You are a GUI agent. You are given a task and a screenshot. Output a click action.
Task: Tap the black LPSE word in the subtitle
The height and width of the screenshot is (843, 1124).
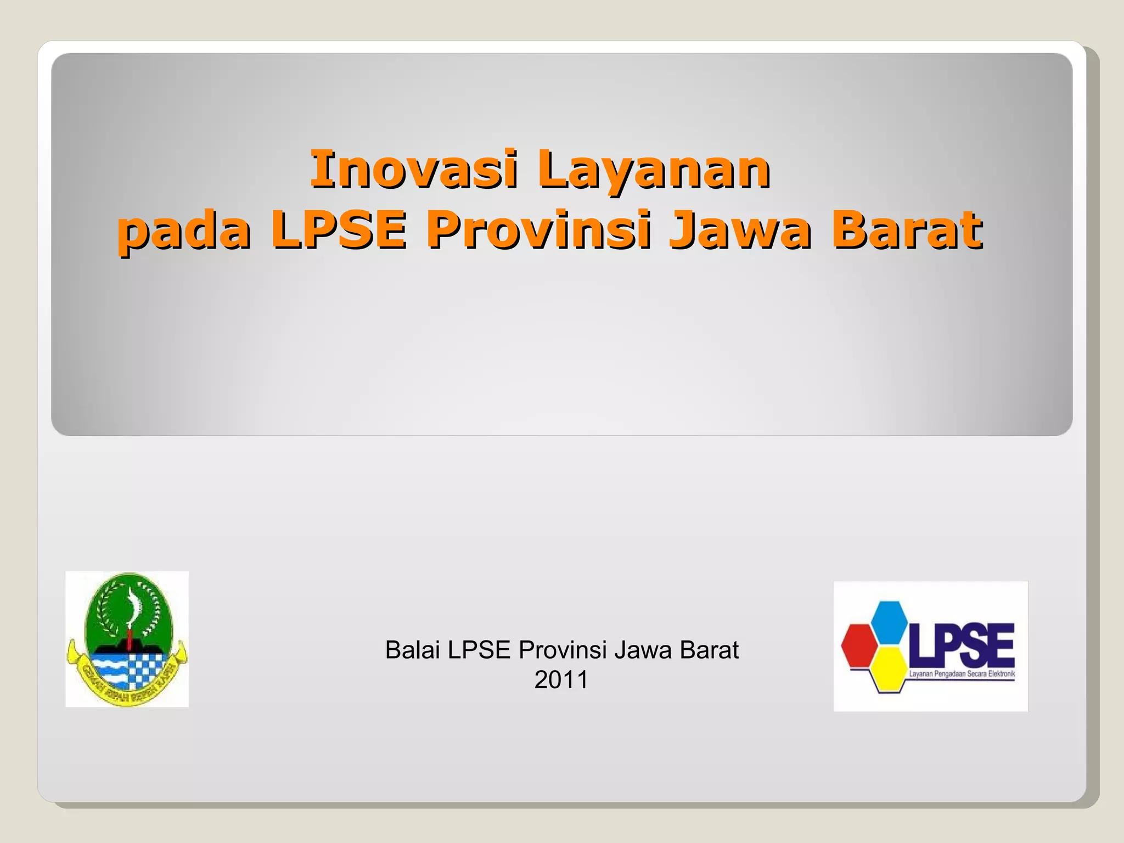click(x=479, y=650)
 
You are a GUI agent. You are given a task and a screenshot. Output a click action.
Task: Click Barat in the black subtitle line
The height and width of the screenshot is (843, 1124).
click(x=709, y=650)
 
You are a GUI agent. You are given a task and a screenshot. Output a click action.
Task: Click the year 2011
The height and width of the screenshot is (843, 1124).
click(x=561, y=680)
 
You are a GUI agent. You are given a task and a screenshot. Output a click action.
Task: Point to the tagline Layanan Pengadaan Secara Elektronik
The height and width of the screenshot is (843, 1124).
click(x=962, y=675)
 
